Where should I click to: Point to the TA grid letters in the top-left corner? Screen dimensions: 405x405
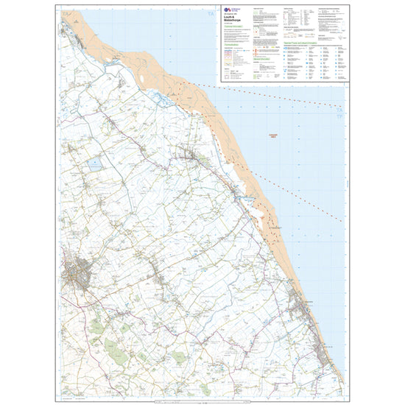click(x=66, y=15)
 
